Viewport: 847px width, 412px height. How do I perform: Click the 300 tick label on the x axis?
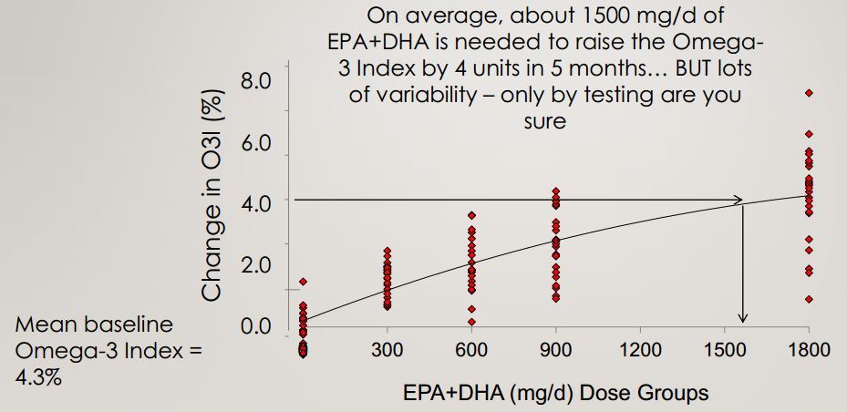[387, 351]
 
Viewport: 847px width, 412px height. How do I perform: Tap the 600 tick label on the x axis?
[471, 351]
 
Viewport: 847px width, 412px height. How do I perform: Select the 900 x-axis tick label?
[555, 351]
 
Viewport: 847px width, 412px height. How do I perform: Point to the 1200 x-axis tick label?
[637, 351]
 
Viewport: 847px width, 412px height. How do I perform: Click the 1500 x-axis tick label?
[723, 351]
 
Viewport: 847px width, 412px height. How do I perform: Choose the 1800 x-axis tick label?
[807, 351]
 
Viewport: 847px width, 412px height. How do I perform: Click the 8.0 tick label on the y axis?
[256, 81]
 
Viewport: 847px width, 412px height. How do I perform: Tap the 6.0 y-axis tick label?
[256, 144]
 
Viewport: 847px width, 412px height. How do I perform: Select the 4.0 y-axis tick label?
[256, 204]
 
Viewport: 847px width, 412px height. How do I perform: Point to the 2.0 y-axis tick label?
[256, 265]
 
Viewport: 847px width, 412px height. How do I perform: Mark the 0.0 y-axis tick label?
[256, 326]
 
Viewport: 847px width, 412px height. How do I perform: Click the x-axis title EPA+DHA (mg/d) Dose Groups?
[556, 394]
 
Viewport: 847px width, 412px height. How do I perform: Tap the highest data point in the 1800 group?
[808, 93]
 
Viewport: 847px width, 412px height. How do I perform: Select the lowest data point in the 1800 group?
[808, 299]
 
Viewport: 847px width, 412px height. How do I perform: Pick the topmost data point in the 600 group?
[471, 216]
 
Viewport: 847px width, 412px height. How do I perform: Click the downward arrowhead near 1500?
[743, 317]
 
